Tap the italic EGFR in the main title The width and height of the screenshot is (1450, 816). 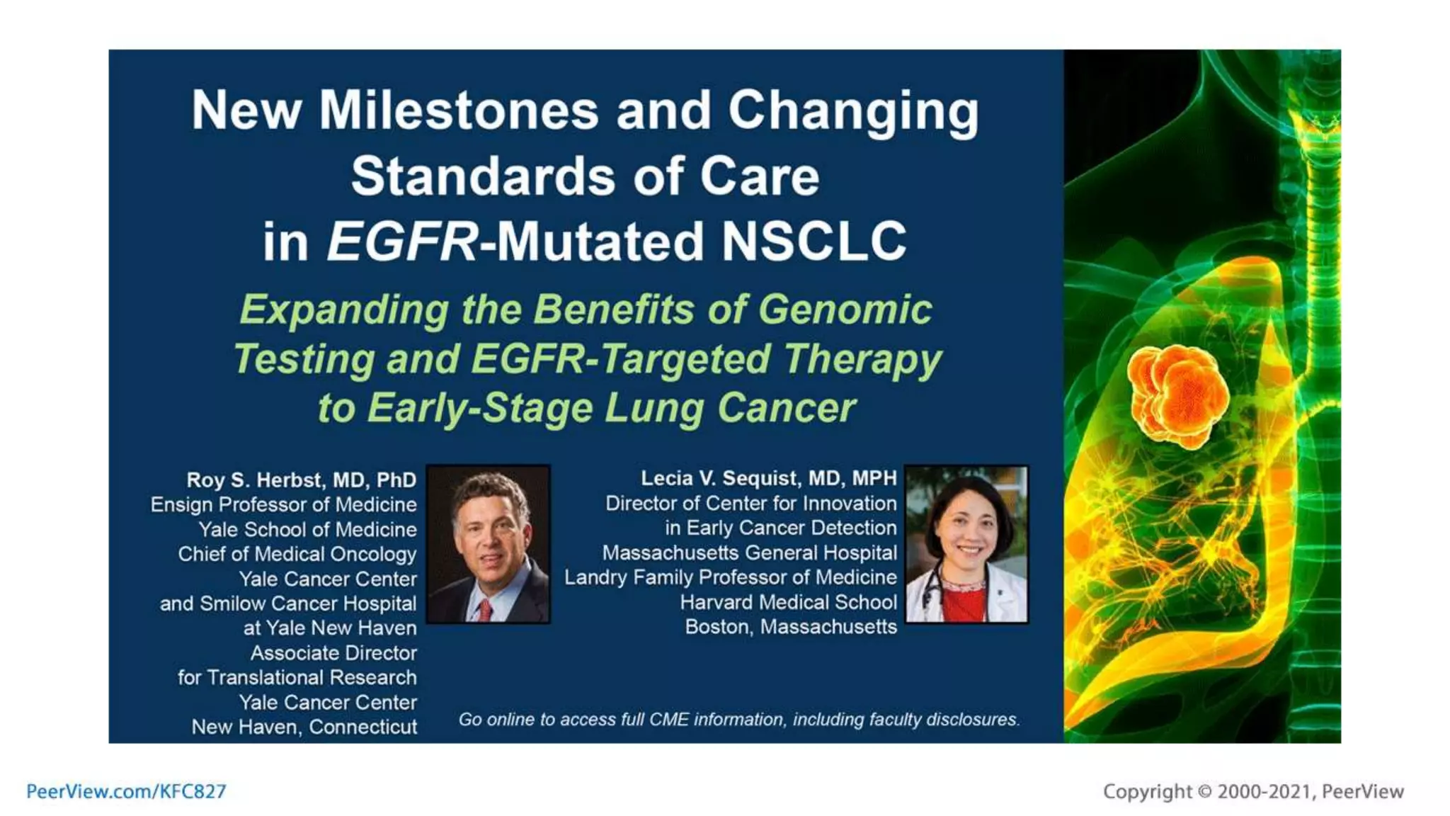(x=402, y=242)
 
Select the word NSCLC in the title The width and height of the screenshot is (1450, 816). (x=814, y=242)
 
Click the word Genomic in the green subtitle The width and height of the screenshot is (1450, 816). (x=845, y=310)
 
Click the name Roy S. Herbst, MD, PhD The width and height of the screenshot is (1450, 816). (x=301, y=480)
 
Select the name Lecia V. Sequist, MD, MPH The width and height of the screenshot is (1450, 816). (x=768, y=478)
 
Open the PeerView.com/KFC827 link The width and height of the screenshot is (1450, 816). (x=126, y=791)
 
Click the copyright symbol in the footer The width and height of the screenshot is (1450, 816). (x=1204, y=791)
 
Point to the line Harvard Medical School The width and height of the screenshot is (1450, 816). (x=788, y=602)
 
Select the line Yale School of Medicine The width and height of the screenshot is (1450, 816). (x=307, y=530)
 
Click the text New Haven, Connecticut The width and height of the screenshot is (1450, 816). (x=304, y=727)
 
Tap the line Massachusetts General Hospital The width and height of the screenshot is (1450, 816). (x=749, y=553)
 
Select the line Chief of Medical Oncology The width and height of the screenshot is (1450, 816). (x=297, y=555)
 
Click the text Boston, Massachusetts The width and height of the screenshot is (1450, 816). (x=790, y=627)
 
